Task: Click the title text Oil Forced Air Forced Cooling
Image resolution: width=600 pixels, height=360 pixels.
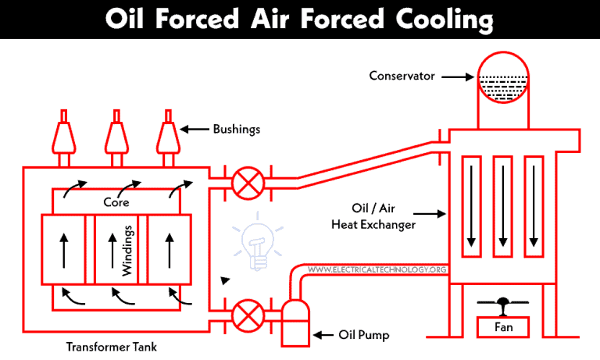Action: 300,16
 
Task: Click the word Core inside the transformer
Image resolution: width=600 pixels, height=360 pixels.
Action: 116,201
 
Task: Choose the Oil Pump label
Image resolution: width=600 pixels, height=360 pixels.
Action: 360,336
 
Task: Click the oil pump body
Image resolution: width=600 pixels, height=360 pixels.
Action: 294,323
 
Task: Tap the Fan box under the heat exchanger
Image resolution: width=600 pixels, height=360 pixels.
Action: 504,326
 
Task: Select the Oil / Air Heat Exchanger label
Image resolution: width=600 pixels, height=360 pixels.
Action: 383,216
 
